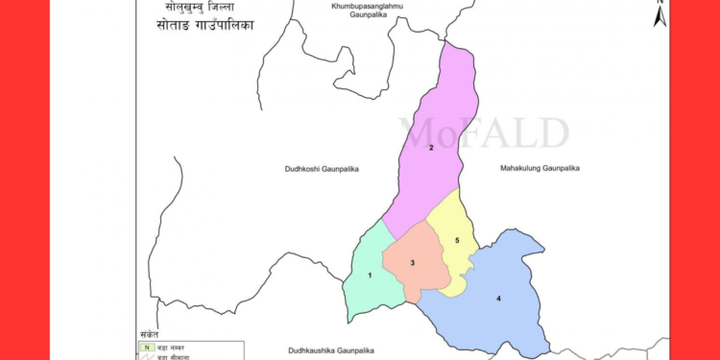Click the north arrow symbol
pos(660,14)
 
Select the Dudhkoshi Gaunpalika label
pos(322,169)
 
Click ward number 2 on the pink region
pos(431,147)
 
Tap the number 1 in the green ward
pos(370,276)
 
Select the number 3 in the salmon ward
pos(412,263)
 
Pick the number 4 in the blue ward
pos(498,299)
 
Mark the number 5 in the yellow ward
pos(458,240)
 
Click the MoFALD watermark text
pos(485,132)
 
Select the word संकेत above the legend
pos(148,333)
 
